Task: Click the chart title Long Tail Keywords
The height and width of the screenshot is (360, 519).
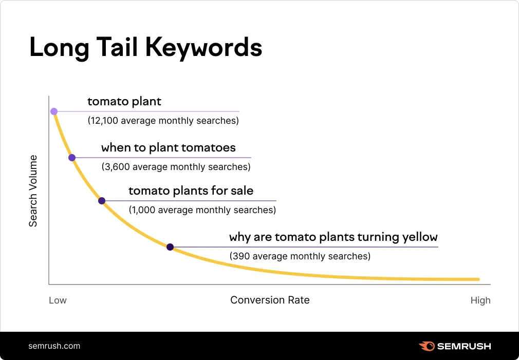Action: (145, 48)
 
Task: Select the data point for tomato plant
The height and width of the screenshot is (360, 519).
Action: (54, 111)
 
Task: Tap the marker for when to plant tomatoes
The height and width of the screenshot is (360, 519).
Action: (72, 158)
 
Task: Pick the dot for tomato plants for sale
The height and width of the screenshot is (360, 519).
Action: (102, 201)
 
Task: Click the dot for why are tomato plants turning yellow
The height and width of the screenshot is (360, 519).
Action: (170, 247)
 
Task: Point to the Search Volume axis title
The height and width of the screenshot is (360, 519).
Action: (33, 191)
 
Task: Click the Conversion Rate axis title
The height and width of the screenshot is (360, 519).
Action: (270, 300)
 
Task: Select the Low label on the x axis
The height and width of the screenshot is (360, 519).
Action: (58, 300)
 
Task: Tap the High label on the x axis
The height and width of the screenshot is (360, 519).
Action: (480, 300)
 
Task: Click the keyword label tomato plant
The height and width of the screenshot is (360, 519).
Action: (124, 102)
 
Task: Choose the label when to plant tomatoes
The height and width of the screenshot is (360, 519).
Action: (168, 148)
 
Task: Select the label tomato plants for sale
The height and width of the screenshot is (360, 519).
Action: (191, 191)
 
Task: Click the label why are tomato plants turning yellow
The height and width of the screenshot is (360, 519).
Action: (333, 237)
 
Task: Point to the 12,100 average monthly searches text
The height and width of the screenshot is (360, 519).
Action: (163, 121)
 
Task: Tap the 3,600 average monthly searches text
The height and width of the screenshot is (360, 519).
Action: (176, 167)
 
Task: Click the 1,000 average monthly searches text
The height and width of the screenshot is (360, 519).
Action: (202, 210)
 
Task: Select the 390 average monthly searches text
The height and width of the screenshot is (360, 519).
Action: (300, 256)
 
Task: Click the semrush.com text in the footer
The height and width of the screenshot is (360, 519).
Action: (54, 346)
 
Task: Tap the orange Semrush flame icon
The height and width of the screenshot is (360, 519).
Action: (427, 346)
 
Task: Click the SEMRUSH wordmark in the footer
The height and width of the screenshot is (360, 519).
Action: (464, 346)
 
